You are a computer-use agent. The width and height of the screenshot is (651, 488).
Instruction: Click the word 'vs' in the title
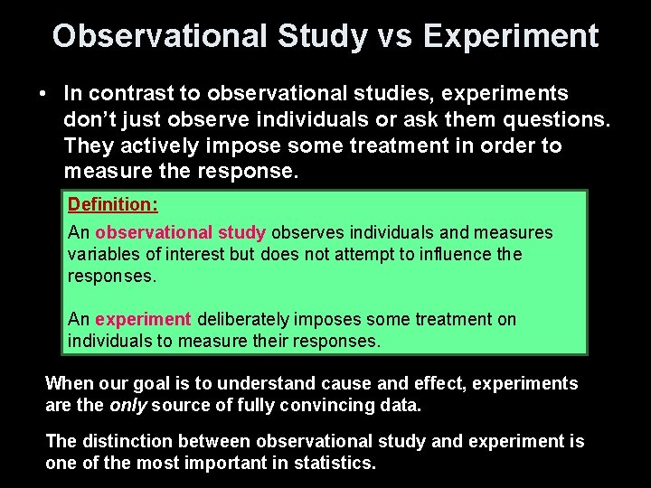(x=395, y=36)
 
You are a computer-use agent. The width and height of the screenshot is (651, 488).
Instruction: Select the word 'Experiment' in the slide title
(x=510, y=36)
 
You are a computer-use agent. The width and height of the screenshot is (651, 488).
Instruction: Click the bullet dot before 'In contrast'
(x=43, y=94)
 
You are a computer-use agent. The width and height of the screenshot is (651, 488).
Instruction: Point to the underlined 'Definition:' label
(x=113, y=205)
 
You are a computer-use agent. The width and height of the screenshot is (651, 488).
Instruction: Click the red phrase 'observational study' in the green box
(x=181, y=233)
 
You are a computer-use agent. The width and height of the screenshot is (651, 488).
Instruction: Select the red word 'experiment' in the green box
(x=143, y=319)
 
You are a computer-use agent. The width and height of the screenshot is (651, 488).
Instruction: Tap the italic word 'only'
(x=128, y=406)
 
